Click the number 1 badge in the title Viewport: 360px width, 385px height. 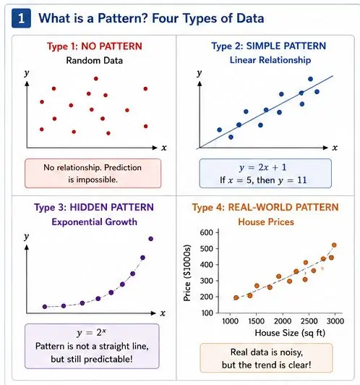22,18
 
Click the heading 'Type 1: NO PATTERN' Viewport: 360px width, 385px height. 95,46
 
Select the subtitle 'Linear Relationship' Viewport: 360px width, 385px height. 270,60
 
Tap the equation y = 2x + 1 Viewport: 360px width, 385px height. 263,167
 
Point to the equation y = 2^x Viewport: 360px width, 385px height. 92,333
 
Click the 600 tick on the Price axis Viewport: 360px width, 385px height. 207,232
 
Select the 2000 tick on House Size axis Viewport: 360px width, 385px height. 283,321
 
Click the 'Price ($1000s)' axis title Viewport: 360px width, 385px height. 187,273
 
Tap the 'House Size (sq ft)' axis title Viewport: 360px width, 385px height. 290,333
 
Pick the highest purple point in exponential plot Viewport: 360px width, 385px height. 151,239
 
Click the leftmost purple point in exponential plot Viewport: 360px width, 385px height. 45,307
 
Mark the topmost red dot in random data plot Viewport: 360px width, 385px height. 96,79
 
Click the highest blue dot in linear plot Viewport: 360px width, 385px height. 310,79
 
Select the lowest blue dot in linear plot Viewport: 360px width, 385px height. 231,137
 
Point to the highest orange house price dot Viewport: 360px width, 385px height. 334,245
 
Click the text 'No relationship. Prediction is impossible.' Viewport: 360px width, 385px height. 93,174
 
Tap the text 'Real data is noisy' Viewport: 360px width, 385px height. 267,352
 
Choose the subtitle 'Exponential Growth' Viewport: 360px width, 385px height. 95,222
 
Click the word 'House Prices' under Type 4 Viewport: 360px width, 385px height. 266,222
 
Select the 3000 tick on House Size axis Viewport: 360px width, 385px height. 335,321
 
